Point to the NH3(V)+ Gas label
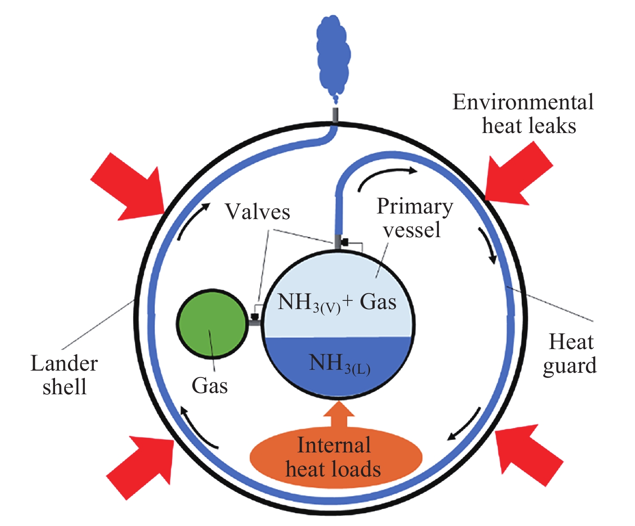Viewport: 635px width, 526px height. click(x=337, y=303)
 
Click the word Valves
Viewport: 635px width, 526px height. click(x=257, y=212)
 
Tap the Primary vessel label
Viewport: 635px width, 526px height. click(x=414, y=218)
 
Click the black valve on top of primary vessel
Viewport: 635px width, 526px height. click(x=344, y=242)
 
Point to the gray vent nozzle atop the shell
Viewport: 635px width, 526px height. click(x=335, y=115)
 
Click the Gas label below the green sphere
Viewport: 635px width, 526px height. click(x=210, y=385)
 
